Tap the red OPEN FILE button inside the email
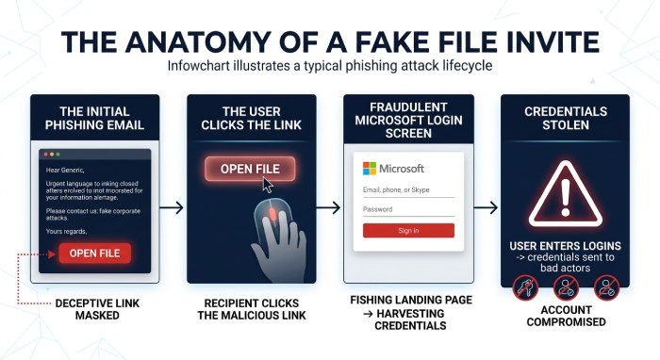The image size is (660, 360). click(94, 254)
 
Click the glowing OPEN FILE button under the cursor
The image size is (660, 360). click(250, 169)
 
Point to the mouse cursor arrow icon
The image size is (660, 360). click(268, 185)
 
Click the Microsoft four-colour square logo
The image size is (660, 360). click(370, 169)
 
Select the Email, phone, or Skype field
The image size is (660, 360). click(408, 190)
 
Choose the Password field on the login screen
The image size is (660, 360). click(408, 210)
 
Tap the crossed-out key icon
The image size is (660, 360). click(524, 287)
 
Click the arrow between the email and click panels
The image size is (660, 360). click(172, 207)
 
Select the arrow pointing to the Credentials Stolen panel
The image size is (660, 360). click(486, 207)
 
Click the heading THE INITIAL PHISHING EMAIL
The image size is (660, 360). click(94, 118)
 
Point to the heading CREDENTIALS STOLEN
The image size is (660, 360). click(566, 118)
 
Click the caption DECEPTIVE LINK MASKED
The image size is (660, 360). click(97, 309)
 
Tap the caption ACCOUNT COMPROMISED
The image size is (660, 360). click(566, 316)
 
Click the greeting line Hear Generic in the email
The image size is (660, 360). click(65, 171)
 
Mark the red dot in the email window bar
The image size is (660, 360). click(46, 155)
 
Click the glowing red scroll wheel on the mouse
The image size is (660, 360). click(272, 215)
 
